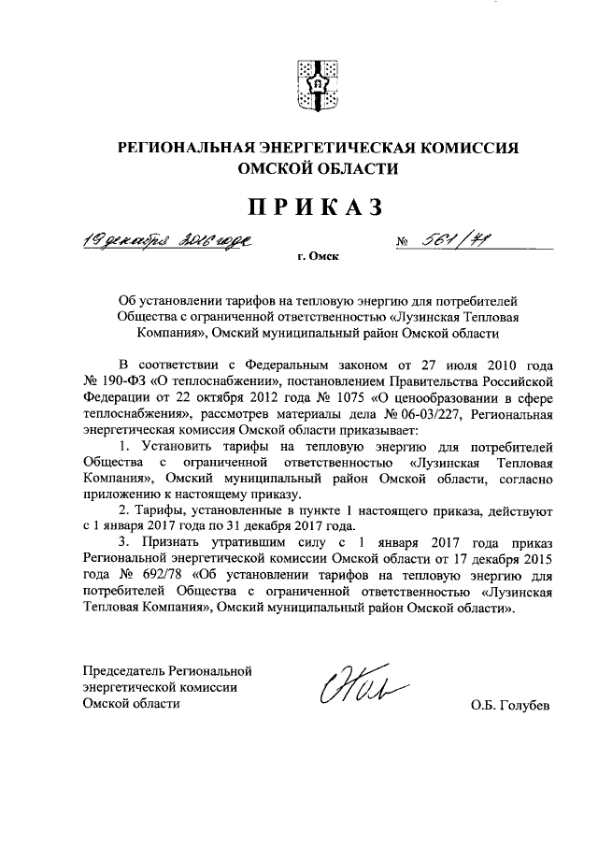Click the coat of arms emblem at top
click(317, 85)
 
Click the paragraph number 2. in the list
click(123, 511)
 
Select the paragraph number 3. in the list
click(123, 543)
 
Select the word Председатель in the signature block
click(121, 671)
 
